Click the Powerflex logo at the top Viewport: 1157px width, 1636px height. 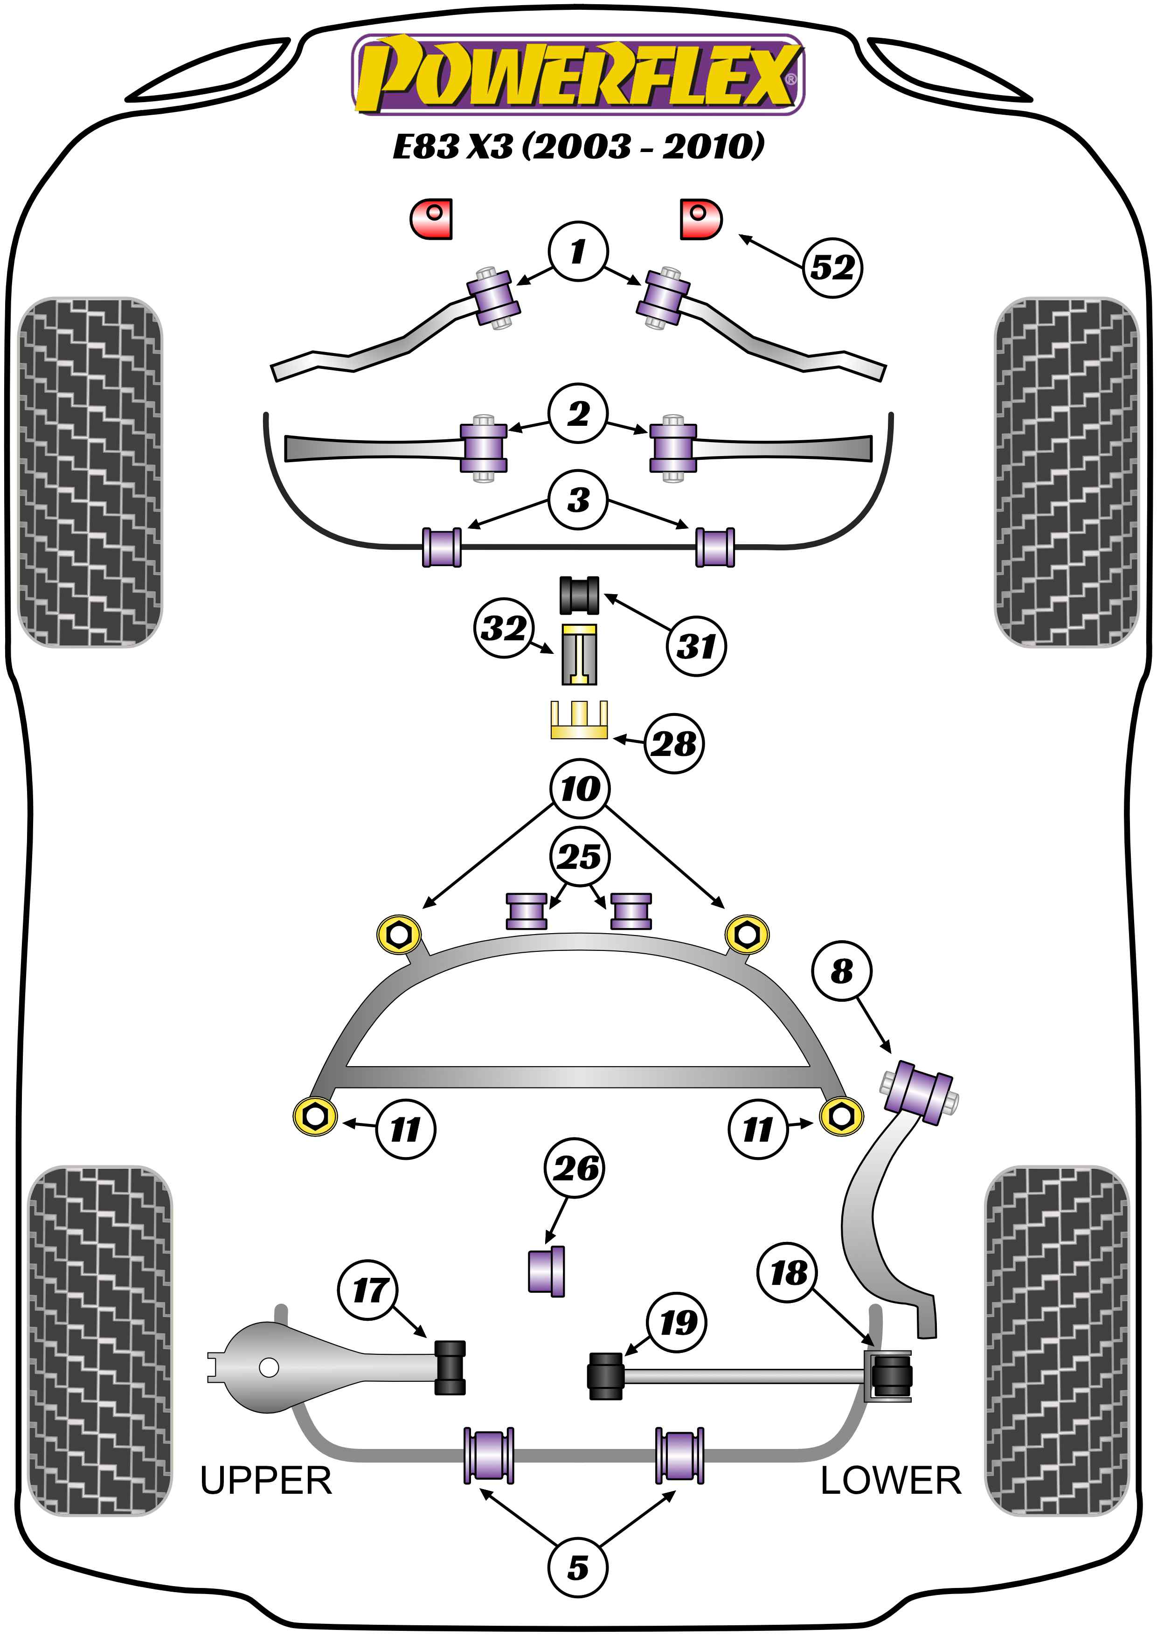pos(578,75)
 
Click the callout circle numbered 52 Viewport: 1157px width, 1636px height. pos(832,268)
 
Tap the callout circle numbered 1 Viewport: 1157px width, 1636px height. pos(578,251)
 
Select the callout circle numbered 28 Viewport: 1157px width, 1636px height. pos(674,744)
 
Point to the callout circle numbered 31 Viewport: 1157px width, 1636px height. pos(696,646)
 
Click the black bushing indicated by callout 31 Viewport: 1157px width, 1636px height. pos(578,595)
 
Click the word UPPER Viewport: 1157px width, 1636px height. pos(266,1481)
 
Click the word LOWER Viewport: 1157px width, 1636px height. pos(891,1481)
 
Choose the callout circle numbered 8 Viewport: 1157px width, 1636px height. pos(841,971)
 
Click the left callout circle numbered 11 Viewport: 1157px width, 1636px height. pos(405,1129)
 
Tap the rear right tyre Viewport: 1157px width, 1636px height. pos(1057,1341)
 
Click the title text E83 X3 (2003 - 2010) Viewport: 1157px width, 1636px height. pos(578,146)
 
